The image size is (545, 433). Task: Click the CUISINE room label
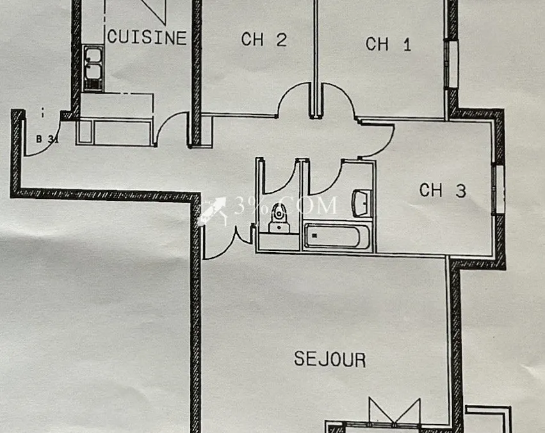[147, 37]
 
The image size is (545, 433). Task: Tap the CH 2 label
[264, 39]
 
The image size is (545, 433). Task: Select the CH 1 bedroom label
[388, 44]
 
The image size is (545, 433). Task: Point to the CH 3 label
[443, 191]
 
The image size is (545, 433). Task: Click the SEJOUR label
[330, 359]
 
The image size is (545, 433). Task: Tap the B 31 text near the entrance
[47, 139]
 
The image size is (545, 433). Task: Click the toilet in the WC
[279, 218]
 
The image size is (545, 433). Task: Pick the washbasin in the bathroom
[361, 203]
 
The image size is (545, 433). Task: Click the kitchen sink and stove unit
[93, 68]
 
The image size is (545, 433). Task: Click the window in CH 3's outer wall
[500, 189]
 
